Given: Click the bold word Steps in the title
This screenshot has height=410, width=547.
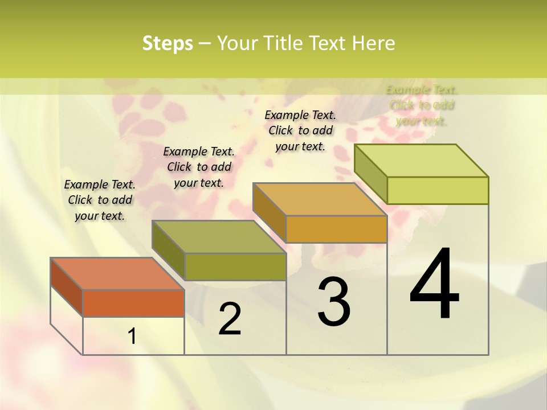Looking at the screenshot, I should click(x=168, y=43).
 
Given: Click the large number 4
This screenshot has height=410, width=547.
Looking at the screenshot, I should click(x=434, y=285).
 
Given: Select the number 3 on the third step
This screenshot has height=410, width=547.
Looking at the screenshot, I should click(x=334, y=301).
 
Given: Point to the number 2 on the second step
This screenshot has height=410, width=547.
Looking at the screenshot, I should click(x=230, y=319).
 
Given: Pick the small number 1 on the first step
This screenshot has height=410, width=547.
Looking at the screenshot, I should click(x=132, y=337).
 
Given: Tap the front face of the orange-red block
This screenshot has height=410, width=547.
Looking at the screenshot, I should click(x=133, y=303).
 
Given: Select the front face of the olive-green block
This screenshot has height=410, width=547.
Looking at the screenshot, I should click(x=235, y=266).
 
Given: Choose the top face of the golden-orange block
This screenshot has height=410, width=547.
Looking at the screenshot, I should click(x=320, y=199).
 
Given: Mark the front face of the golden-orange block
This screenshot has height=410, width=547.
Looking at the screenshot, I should click(x=336, y=229).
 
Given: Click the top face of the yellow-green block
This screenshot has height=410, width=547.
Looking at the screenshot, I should click(x=421, y=160).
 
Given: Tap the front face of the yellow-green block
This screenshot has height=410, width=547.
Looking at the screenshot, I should click(x=438, y=190).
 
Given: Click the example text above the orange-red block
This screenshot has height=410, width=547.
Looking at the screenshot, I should click(x=100, y=200).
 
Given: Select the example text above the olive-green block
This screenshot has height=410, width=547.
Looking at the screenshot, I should click(x=199, y=167).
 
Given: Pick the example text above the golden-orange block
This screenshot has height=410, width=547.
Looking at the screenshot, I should click(x=300, y=130).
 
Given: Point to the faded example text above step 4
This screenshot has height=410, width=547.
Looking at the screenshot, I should click(x=422, y=105).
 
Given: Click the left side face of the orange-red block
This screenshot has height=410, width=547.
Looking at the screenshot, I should click(x=67, y=286).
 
